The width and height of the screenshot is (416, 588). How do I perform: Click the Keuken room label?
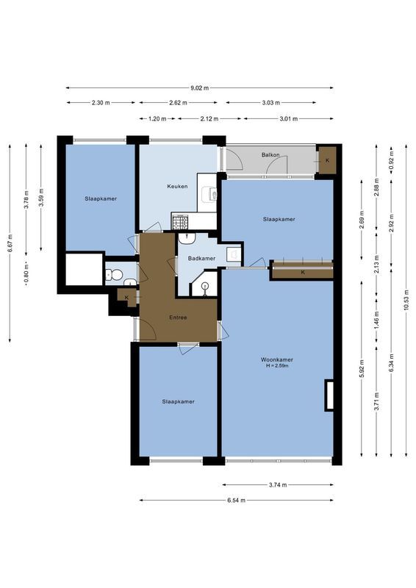tap(177, 186)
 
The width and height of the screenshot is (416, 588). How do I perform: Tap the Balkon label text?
tap(270, 155)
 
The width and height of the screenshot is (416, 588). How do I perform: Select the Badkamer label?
tap(201, 258)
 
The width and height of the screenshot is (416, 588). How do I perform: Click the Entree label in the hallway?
tap(178, 318)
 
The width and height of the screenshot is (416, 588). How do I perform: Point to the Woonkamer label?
tap(276, 359)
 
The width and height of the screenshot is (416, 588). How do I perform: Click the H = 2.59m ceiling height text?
tap(276, 366)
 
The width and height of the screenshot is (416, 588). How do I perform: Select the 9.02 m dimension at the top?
tap(199, 87)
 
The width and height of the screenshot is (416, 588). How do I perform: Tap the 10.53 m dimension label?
tap(406, 302)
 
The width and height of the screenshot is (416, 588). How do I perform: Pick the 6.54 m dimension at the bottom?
tap(236, 500)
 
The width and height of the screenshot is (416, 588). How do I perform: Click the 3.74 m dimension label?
tap(278, 485)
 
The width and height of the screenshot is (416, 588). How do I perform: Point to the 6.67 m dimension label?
tap(10, 243)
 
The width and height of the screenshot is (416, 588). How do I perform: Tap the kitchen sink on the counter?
tap(212, 194)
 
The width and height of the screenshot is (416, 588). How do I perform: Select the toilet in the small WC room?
tap(114, 276)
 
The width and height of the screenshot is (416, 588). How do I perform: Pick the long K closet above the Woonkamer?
tap(302, 272)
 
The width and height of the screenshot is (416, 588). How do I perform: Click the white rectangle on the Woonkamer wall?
tap(330, 395)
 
